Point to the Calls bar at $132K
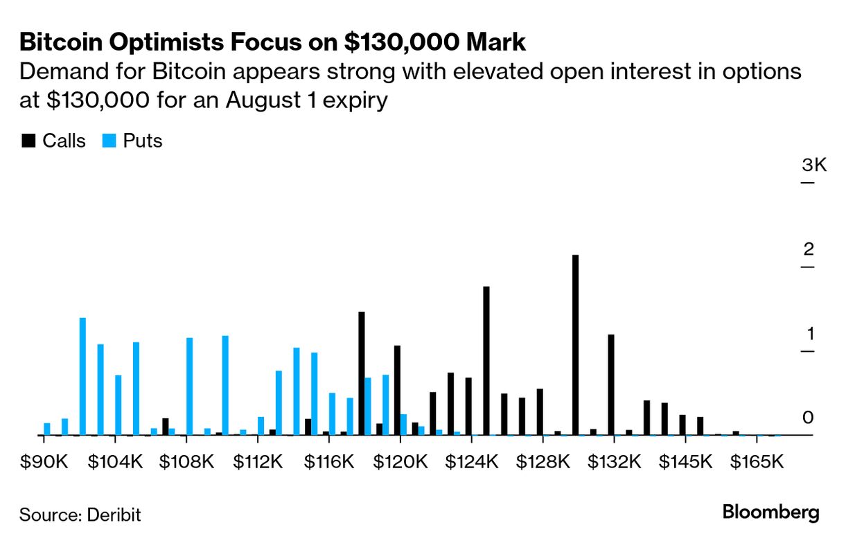(610, 384)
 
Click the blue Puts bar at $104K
(118, 405)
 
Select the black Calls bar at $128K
(540, 412)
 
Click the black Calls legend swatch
(28, 141)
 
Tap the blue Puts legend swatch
(109, 141)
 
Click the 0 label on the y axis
(808, 418)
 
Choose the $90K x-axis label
(44, 462)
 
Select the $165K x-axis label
(757, 462)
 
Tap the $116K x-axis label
(329, 462)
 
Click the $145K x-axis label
(685, 462)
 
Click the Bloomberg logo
(770, 513)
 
